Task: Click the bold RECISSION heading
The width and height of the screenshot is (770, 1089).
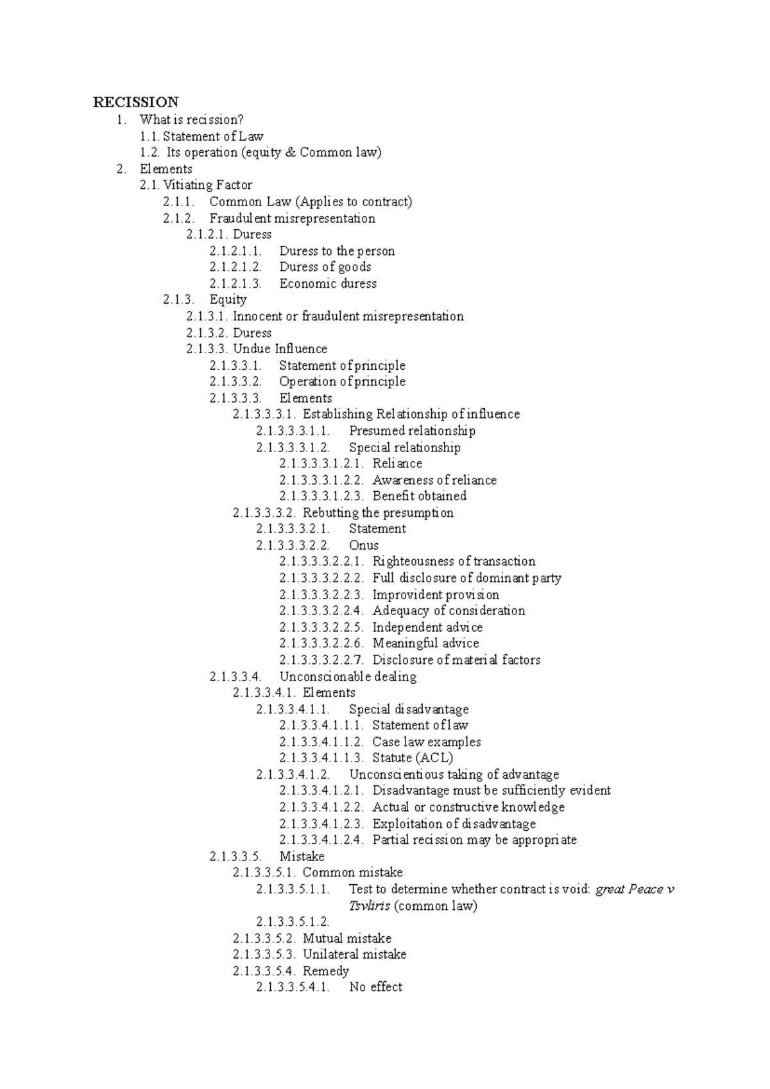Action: pyautogui.click(x=135, y=102)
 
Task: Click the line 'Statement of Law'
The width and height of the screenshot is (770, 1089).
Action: pyautogui.click(x=212, y=136)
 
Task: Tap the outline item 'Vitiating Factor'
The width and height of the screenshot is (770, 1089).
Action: pyautogui.click(x=207, y=185)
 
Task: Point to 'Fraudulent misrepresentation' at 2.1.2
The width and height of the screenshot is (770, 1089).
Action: pyautogui.click(x=292, y=218)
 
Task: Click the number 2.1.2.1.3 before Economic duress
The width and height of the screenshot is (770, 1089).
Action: pyautogui.click(x=235, y=283)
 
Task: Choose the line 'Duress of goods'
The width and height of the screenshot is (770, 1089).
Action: pyautogui.click(x=325, y=267)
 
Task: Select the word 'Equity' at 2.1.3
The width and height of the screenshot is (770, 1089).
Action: pyautogui.click(x=228, y=300)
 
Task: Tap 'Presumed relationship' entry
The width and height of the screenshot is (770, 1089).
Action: pyautogui.click(x=412, y=431)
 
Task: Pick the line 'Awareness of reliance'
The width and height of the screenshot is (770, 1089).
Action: pyautogui.click(x=434, y=480)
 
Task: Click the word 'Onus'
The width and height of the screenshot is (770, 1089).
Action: pyautogui.click(x=364, y=545)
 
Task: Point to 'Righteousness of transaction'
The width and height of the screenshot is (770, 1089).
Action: pyautogui.click(x=454, y=561)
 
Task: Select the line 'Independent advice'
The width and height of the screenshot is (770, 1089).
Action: pyautogui.click(x=427, y=627)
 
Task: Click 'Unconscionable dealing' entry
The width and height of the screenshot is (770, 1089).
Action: pyautogui.click(x=348, y=676)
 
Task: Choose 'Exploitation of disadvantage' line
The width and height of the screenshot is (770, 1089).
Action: pyautogui.click(x=454, y=823)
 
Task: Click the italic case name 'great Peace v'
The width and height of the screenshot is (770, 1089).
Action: pyautogui.click(x=635, y=889)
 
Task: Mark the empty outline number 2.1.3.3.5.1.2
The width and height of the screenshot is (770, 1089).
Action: pyautogui.click(x=293, y=922)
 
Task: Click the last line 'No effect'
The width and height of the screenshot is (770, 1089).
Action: pyautogui.click(x=375, y=987)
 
